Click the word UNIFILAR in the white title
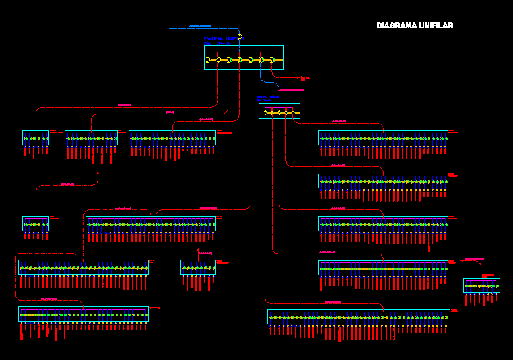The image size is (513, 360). tap(436, 26)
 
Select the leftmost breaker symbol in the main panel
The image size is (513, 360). tap(210, 60)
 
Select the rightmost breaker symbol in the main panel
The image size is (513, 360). tap(271, 60)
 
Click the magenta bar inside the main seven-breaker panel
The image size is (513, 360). tap(238, 52)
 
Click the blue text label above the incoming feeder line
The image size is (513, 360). tap(201, 26)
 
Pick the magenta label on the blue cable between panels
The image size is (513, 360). tap(292, 89)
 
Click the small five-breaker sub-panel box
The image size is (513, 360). tap(279, 111)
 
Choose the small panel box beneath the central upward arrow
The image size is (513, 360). tap(198, 267)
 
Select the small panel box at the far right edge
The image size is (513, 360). tap(481, 285)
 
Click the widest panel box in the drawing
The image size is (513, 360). tap(359, 316)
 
